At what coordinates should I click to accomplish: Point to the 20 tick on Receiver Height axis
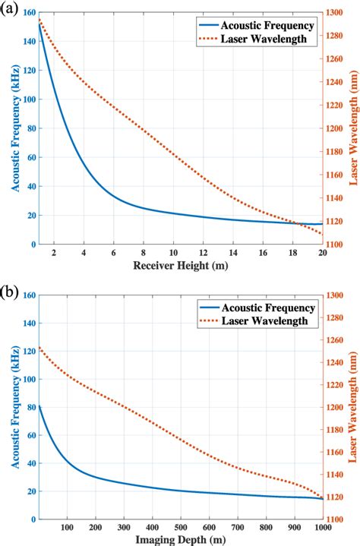322,251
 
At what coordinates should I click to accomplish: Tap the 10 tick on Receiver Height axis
173,251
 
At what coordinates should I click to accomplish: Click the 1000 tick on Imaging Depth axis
322,527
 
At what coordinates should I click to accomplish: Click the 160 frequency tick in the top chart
27,13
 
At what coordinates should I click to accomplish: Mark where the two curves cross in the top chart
293,223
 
